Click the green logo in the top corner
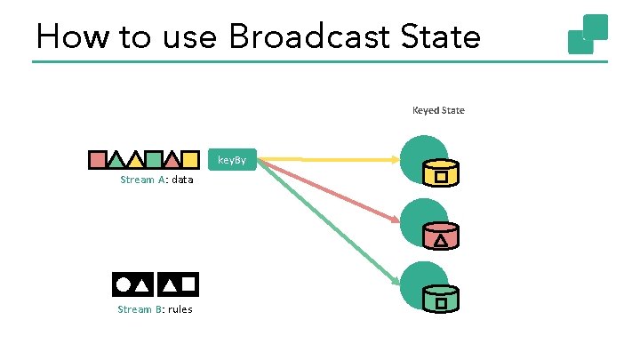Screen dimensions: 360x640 (588, 34)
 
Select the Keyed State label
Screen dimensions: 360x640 (438, 111)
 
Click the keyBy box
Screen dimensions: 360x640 (232, 161)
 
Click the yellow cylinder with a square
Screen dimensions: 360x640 (440, 173)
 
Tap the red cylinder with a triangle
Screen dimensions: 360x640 (440, 236)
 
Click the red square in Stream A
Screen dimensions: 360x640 (97, 160)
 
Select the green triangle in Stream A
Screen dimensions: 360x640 (116, 161)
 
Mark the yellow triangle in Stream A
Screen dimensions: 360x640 (134, 161)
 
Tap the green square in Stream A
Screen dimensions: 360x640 (153, 160)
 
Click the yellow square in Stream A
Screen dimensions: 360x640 (189, 160)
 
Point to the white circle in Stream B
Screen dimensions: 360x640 (122, 284)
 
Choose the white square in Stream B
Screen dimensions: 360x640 (188, 284)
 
